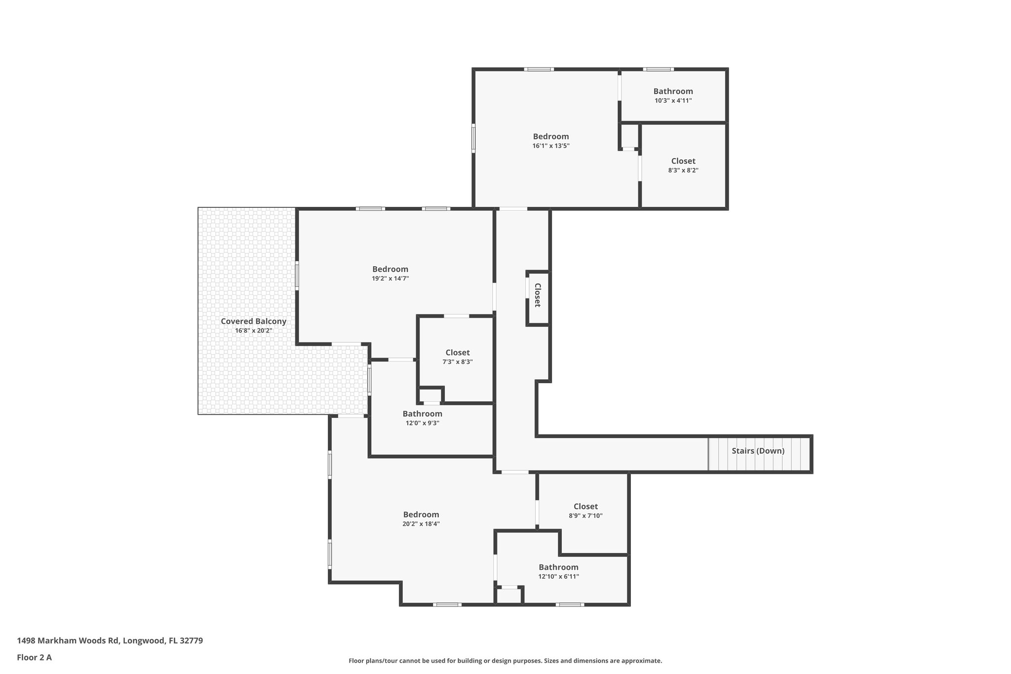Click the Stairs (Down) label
(758, 451)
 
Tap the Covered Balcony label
(253, 321)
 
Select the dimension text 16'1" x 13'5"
(551, 146)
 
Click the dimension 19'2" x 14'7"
(390, 278)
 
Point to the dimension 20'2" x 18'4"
(421, 524)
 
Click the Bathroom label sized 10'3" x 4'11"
(673, 91)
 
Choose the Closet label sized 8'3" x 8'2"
(683, 161)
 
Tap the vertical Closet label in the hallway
(538, 295)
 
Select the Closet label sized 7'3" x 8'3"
(457, 353)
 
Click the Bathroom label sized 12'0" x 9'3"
(422, 414)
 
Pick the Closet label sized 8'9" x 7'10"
(585, 507)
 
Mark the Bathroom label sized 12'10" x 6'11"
(558, 567)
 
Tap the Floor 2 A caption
(34, 657)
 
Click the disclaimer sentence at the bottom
(505, 661)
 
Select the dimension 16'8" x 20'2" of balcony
(253, 331)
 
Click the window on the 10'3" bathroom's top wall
(658, 70)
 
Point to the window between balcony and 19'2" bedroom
(297, 275)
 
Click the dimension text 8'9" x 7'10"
(585, 516)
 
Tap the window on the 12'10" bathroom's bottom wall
(570, 604)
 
